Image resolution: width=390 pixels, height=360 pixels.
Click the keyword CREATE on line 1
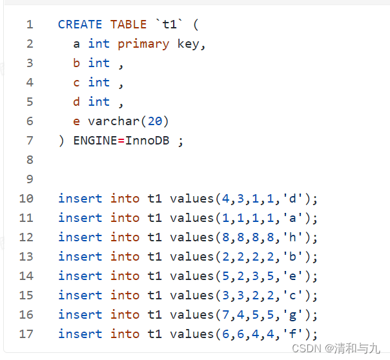(80, 25)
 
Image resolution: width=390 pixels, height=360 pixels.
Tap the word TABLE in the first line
(128, 25)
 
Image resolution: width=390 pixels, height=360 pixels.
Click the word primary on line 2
(143, 44)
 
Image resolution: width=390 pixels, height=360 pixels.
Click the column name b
(77, 63)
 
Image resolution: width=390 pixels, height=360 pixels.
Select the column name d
(77, 102)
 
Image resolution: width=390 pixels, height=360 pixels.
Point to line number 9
(30, 179)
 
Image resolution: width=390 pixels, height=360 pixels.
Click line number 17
(26, 334)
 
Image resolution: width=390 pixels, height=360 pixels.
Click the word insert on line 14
(80, 276)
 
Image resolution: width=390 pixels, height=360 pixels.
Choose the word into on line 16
(125, 315)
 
